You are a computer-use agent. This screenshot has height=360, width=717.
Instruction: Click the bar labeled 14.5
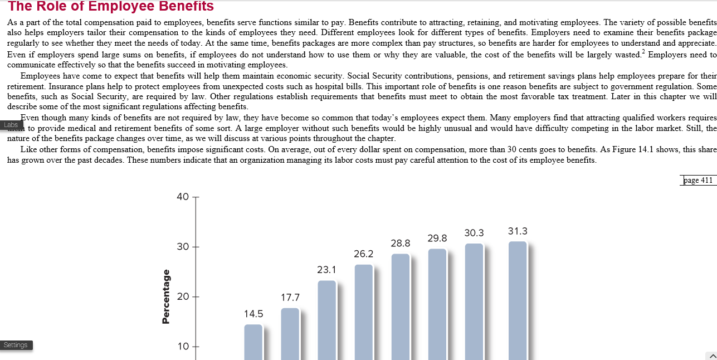tap(253, 342)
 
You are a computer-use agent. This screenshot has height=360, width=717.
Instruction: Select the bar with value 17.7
tap(290, 334)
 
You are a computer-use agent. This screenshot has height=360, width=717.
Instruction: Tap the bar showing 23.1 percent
tap(327, 320)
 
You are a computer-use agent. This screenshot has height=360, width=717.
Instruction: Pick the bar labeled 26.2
tap(364, 312)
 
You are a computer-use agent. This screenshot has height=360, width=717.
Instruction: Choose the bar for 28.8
tap(401, 307)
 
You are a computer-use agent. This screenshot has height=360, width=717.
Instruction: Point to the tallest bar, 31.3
tap(518, 301)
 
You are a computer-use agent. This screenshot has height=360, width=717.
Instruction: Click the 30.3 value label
tap(474, 233)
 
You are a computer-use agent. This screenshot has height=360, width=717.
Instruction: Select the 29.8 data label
tap(437, 239)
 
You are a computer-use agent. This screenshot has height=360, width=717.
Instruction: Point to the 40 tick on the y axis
tap(183, 197)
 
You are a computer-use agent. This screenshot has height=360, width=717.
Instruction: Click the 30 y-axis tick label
tap(183, 247)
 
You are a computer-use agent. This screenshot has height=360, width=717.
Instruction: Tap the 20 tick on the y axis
tap(183, 296)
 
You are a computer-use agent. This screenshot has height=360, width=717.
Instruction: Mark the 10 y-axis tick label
tap(183, 347)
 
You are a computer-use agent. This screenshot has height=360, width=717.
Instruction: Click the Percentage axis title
tap(166, 296)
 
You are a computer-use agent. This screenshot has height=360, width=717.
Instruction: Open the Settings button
tap(16, 345)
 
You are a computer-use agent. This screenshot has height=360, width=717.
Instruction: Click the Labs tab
tap(11, 125)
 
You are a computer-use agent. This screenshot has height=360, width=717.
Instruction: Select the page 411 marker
tap(698, 181)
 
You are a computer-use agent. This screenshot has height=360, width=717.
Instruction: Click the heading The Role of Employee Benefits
tap(111, 6)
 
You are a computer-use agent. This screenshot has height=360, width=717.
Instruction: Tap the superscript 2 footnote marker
tap(643, 52)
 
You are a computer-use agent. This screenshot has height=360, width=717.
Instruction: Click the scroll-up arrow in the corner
tap(712, 356)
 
